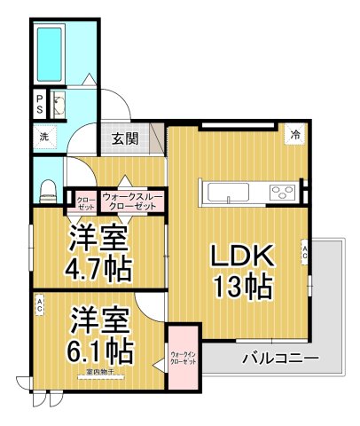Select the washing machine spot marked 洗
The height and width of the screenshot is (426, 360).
[42, 137]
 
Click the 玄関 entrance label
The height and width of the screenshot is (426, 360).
[125, 138]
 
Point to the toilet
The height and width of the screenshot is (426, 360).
[50, 188]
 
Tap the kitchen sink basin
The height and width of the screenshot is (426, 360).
[229, 192]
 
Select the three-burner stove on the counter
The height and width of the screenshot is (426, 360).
[283, 192]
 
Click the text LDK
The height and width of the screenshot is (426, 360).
[239, 256]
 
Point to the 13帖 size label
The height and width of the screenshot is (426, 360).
[239, 287]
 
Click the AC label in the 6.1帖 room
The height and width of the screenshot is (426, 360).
[40, 306]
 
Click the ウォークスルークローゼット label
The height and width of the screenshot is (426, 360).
[129, 200]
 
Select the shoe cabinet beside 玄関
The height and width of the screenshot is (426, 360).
[157, 139]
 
